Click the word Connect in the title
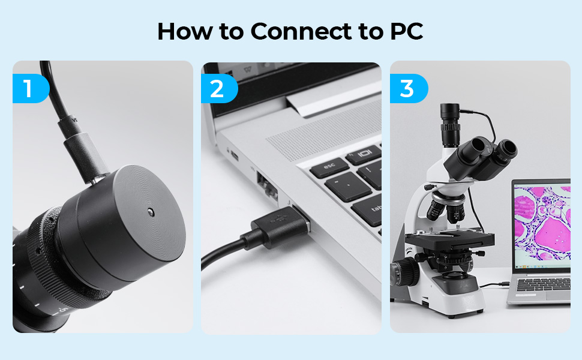[x=301, y=31]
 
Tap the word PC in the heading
[x=406, y=31]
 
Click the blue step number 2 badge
[x=219, y=88]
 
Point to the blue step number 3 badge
[x=409, y=88]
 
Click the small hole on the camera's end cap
[x=151, y=212]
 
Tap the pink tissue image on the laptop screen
[x=542, y=223]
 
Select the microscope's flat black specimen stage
[x=450, y=240]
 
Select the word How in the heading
[x=185, y=31]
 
